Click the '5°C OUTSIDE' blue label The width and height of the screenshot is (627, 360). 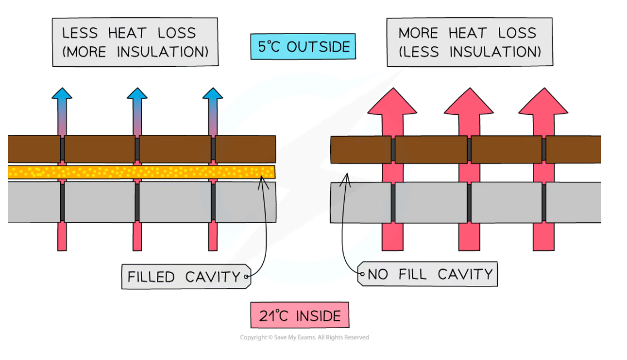(x=302, y=47)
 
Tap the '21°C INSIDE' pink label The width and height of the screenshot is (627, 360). (x=300, y=316)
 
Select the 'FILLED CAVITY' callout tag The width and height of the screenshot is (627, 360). (x=186, y=276)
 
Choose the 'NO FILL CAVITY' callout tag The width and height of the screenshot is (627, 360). (x=427, y=274)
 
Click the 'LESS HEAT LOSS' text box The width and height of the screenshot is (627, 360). (x=135, y=42)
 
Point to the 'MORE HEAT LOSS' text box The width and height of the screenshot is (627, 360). (x=469, y=42)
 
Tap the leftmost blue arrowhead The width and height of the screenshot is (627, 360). (x=62, y=94)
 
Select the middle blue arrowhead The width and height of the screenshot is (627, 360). (x=137, y=94)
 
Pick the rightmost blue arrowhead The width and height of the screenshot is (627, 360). (x=212, y=94)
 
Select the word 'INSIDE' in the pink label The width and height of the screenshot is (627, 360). (x=318, y=316)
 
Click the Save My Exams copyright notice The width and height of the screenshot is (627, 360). (x=304, y=337)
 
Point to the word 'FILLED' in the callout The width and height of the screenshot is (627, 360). (x=150, y=276)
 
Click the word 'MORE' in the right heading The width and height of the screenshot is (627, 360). (x=418, y=33)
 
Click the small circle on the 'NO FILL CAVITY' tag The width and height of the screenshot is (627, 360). (x=362, y=274)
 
